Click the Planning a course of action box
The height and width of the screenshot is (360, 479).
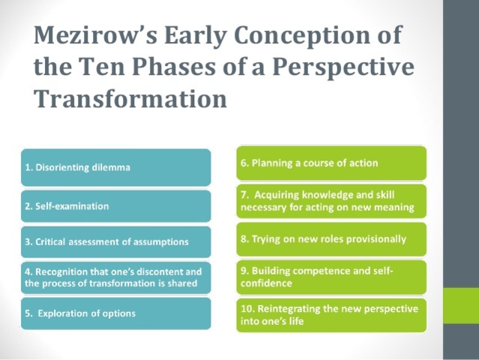coord(331,162)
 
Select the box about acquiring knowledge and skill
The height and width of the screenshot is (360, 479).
coord(331,202)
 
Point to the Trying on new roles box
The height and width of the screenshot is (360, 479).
coord(331,239)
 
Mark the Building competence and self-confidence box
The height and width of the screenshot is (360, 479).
coord(331,277)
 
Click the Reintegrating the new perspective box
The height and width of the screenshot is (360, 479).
coord(331,315)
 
